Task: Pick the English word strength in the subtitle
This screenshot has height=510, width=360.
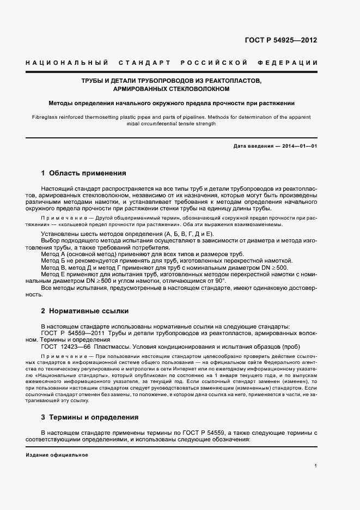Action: (x=203, y=124)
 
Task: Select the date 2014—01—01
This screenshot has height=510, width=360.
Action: (x=299, y=147)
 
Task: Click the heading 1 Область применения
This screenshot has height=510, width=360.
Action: (x=83, y=173)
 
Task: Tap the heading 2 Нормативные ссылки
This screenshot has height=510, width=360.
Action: (x=84, y=311)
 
